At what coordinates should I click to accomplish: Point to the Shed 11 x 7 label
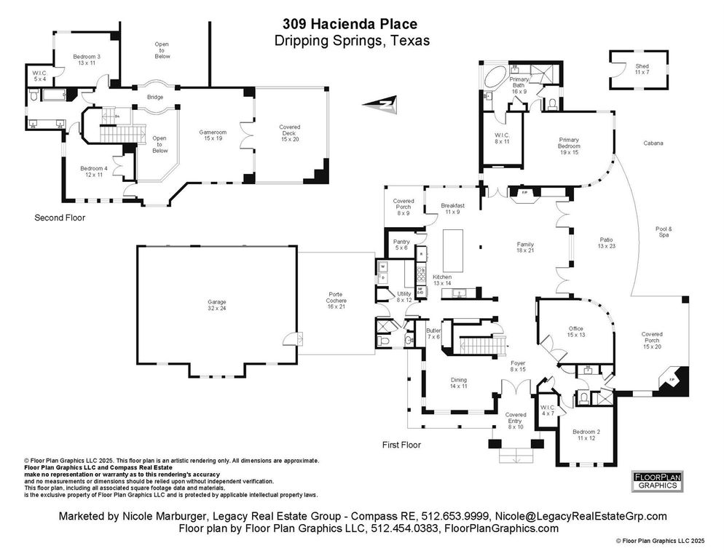click(x=641, y=70)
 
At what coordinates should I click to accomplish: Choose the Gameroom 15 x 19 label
click(x=213, y=136)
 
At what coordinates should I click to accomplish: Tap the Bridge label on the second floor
click(x=155, y=97)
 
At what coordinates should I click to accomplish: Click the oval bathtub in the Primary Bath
click(x=497, y=76)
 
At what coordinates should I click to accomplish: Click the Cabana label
click(x=653, y=143)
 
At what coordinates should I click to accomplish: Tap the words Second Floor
click(x=60, y=218)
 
